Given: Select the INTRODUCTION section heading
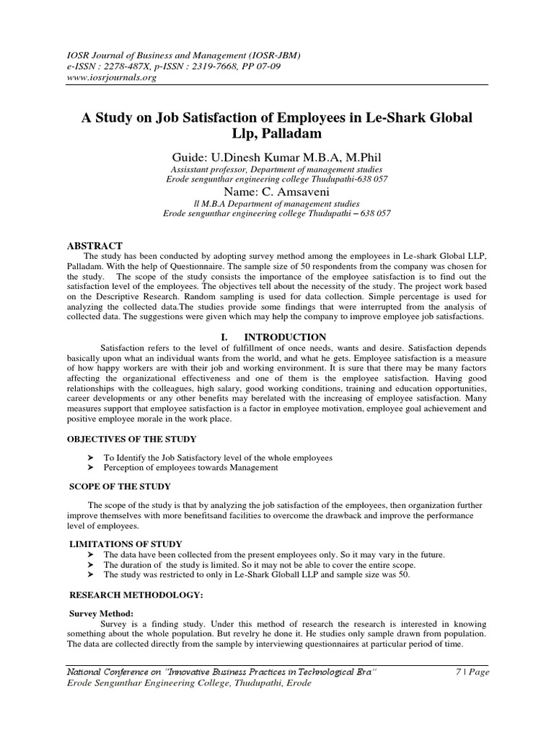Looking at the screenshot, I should click(285, 337).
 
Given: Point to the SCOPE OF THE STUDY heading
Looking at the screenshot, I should click(109, 486).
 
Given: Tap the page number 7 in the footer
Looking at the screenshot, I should click(459, 672).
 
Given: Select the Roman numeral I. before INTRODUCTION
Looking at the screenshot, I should click(224, 337).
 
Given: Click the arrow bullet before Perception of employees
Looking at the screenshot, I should click(90, 468).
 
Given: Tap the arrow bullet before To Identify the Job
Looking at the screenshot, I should click(90, 458).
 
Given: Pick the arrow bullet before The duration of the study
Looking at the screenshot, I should click(90, 564).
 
